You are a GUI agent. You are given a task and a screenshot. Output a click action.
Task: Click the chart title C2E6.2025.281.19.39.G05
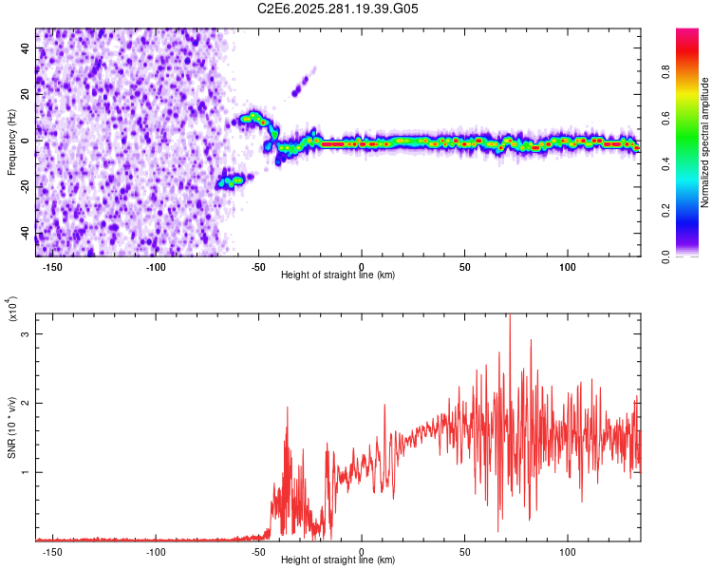pos(339,9)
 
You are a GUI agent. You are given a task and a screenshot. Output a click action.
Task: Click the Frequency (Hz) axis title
pos(11,143)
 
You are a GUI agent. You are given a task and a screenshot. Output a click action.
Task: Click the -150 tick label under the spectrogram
pos(53,266)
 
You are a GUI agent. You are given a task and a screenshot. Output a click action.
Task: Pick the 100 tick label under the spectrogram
pos(568,266)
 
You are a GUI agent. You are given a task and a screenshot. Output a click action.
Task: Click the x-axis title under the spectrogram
pos(338,275)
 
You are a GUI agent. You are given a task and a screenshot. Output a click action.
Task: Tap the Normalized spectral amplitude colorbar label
pos(705,143)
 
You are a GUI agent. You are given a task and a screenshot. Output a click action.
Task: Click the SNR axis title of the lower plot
pos(11,424)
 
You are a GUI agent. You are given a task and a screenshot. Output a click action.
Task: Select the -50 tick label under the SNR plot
pos(258,552)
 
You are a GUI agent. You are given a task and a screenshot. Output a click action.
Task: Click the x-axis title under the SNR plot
pos(338,561)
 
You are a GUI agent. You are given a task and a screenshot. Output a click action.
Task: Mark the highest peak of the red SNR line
pos(510,316)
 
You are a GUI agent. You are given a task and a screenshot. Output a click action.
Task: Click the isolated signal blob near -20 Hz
pos(231,180)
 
